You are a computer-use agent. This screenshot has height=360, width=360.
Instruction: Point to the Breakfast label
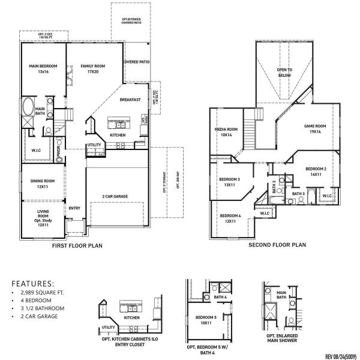130,100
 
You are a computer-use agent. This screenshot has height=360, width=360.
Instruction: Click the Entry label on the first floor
74,208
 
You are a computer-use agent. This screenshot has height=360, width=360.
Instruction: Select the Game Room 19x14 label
314,129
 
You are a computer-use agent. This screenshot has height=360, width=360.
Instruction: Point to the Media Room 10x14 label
227,132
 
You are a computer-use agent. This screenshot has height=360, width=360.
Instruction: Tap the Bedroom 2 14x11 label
316,172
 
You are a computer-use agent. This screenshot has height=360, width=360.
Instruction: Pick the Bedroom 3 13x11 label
229,182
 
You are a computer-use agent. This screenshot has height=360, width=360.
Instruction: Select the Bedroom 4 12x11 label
230,218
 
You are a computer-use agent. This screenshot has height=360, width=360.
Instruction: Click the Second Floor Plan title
277,245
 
